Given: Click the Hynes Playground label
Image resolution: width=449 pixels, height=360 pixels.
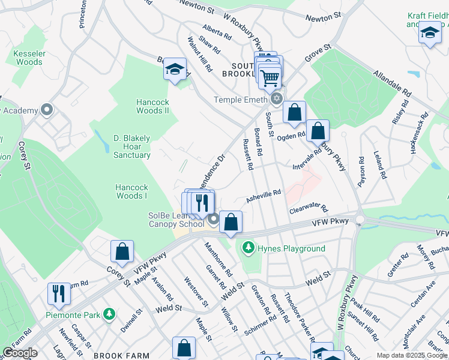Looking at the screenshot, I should [292, 248].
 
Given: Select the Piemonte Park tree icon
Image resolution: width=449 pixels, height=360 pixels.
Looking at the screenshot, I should [109, 314].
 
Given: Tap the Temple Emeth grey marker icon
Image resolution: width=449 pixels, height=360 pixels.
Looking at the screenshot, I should [277, 98].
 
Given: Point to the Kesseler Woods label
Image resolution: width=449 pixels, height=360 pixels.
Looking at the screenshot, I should [29, 58].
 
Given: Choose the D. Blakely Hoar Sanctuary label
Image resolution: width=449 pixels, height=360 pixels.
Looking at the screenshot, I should [132, 146].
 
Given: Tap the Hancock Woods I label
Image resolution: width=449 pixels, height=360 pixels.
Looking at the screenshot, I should [131, 191].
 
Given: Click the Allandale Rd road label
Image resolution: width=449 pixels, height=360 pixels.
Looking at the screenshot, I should [392, 85].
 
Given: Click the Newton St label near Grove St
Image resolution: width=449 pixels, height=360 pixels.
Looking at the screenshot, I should [323, 18].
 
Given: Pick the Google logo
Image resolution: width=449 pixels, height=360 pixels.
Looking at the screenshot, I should [20, 353].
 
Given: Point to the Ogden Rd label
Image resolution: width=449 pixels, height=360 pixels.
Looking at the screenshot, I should [291, 137].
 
